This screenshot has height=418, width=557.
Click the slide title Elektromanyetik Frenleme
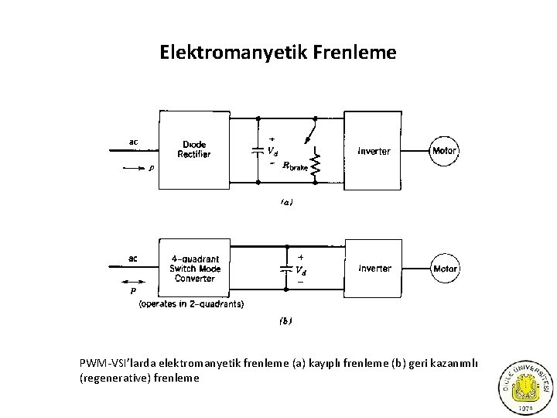[x=278, y=52]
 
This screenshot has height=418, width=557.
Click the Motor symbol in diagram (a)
[x=445, y=151]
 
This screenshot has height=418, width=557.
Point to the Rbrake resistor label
[x=295, y=165]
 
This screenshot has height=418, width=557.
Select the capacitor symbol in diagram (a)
[x=257, y=150]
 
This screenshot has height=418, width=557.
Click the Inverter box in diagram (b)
[x=375, y=269]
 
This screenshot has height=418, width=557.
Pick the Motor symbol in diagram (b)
[x=445, y=269]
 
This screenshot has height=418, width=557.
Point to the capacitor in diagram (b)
[x=287, y=269]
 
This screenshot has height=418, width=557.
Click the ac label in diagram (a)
[x=133, y=141]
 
